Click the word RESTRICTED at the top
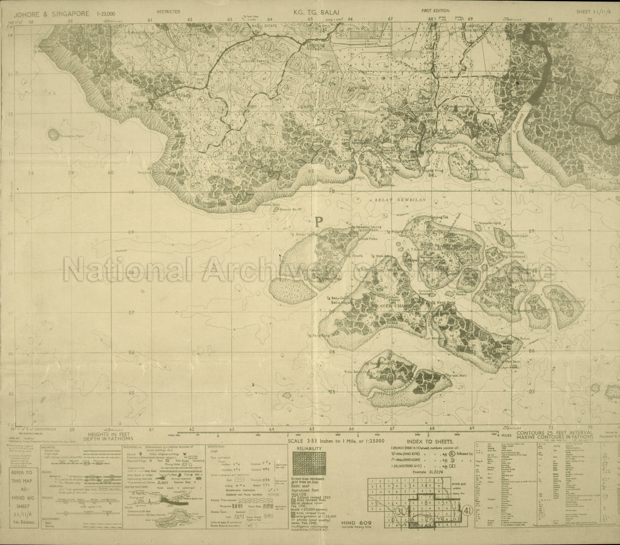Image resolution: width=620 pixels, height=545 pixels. point(168,12)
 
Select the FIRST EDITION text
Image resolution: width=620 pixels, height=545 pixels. point(435,11)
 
